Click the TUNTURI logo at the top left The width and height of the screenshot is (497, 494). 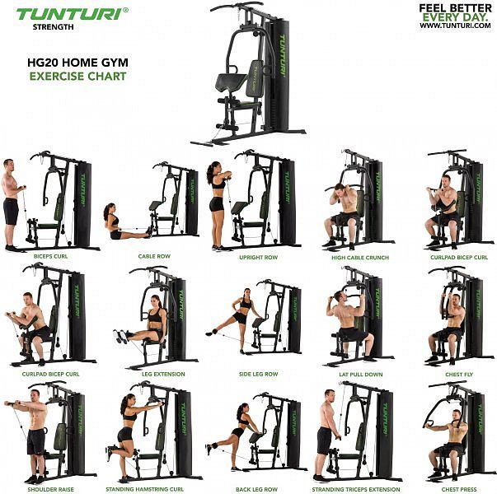73,14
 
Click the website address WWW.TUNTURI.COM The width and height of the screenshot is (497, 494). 456,26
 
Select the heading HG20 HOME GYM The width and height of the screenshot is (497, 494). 77,63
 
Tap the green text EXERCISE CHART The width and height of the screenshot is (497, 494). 77,77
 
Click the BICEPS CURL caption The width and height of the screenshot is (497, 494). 51,256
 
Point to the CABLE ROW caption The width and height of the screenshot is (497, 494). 154,256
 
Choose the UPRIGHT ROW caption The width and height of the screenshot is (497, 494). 258,258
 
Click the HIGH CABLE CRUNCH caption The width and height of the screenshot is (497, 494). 360,258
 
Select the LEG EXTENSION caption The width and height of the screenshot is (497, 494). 163,374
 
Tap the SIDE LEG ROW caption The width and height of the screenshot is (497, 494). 258,374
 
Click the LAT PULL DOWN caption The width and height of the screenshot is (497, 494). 361,375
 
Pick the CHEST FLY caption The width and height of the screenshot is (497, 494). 459,375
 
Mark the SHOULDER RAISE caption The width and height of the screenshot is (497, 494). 51,489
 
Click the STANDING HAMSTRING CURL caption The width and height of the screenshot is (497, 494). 144,489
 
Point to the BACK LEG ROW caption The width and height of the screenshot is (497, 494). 256,489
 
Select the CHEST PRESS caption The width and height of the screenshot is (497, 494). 459,489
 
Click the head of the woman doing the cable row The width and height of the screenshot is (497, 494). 108,210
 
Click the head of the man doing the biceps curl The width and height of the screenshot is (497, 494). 9,165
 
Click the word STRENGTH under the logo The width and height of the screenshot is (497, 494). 54,27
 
